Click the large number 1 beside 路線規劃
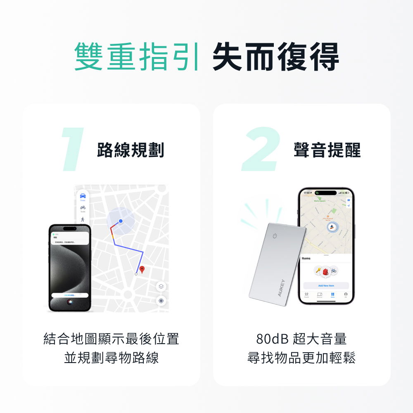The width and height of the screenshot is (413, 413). click(x=73, y=150)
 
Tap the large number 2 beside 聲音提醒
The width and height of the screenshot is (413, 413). click(x=260, y=150)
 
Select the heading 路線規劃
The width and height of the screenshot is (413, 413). click(x=131, y=150)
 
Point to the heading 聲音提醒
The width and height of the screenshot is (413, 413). click(x=327, y=150)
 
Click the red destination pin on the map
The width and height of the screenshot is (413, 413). click(x=142, y=270)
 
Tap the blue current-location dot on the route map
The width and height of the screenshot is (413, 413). click(x=121, y=221)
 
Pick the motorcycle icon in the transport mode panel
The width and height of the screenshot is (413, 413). click(x=83, y=207)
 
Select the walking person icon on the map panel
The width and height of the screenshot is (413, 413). click(x=83, y=219)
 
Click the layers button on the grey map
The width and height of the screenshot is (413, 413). click(x=161, y=286)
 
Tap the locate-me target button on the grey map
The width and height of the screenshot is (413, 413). click(x=161, y=301)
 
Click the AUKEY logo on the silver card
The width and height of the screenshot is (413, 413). click(x=281, y=288)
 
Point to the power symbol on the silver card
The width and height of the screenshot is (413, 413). click(x=274, y=236)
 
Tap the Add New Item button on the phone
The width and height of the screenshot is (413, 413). click(x=326, y=285)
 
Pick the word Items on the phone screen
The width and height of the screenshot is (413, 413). click(x=306, y=259)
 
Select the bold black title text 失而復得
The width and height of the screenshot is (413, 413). click(x=275, y=57)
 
